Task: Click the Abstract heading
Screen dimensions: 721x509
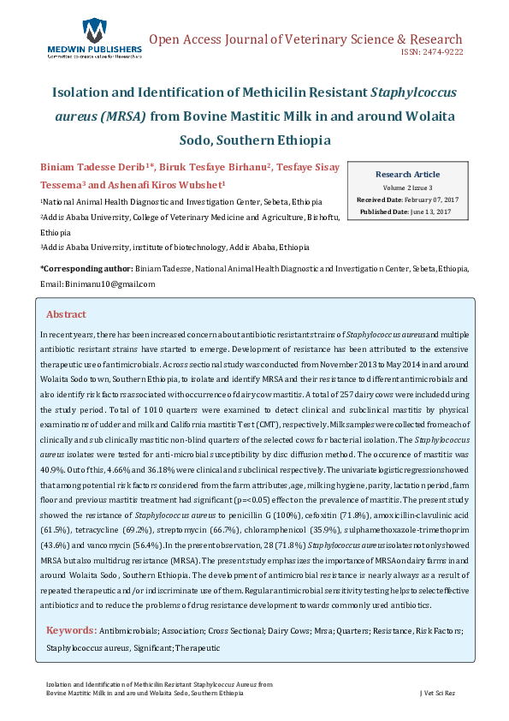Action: pyautogui.click(x=66, y=314)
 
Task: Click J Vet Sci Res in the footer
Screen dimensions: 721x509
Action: pyautogui.click(x=441, y=692)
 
